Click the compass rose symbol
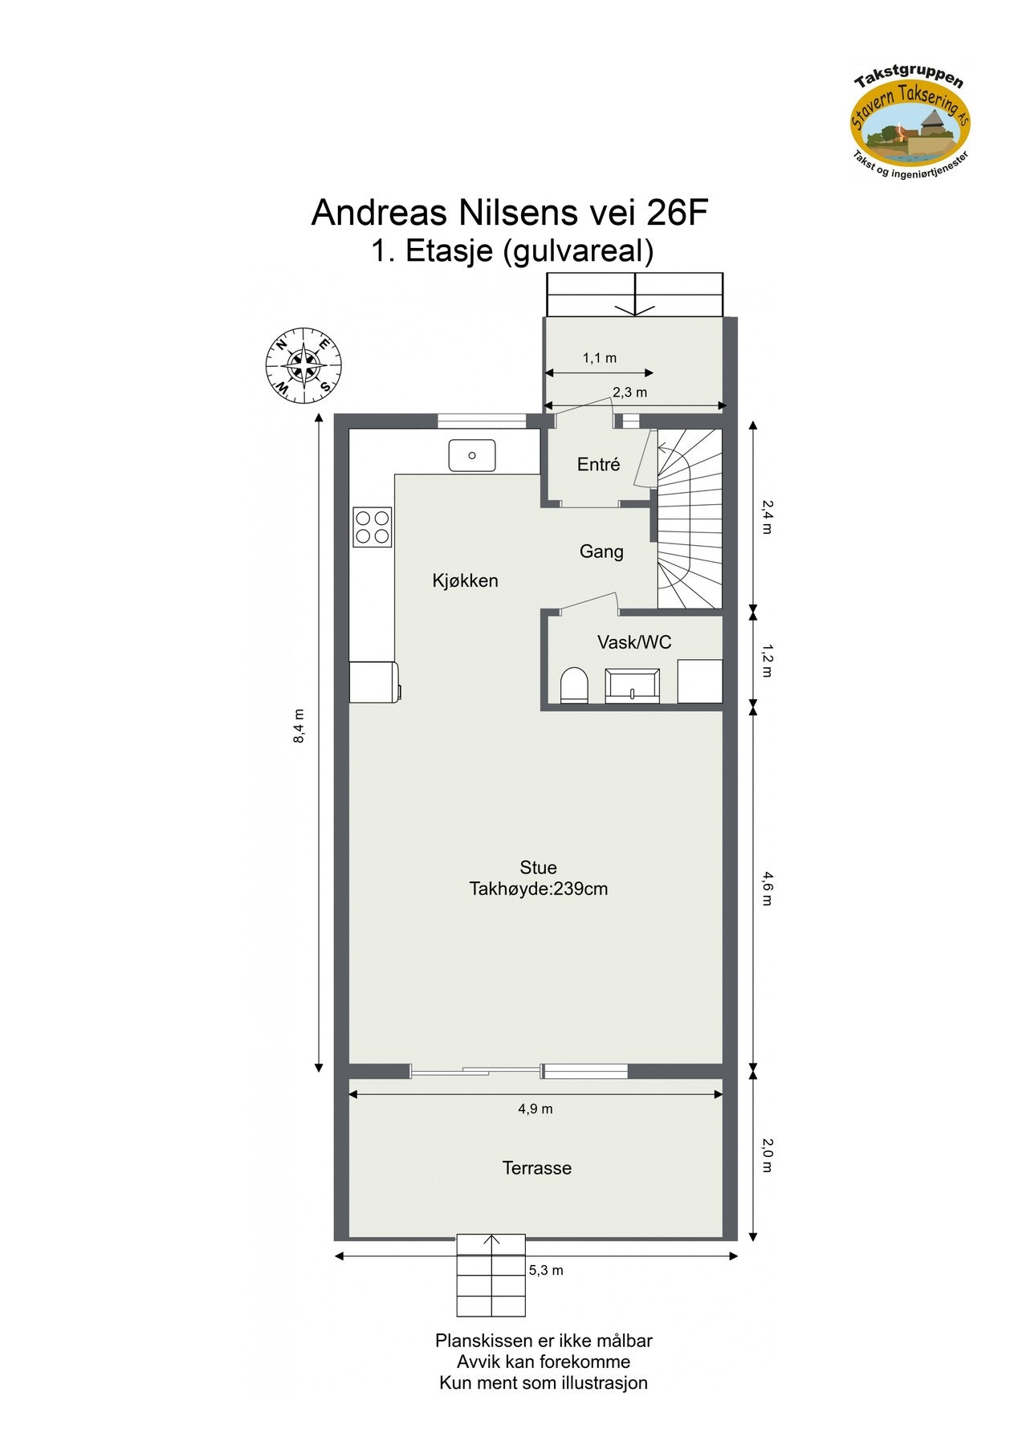pos(303,366)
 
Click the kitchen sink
pos(472,455)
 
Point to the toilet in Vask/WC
pos(574,685)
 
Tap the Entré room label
pos(598,464)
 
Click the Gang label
pos(601,552)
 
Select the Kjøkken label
pos(465,580)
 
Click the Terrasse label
pos(537,1168)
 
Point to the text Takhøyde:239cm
pos(538,889)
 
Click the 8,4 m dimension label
pos(299,726)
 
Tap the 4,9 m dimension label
pos(535,1109)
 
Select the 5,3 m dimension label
pos(546,1270)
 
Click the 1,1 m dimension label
pos(599,358)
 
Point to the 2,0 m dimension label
pos(766,1155)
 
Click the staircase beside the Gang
pos(689,518)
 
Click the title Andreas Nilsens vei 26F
pos(510,213)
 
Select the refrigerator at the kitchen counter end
pos(373,682)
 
